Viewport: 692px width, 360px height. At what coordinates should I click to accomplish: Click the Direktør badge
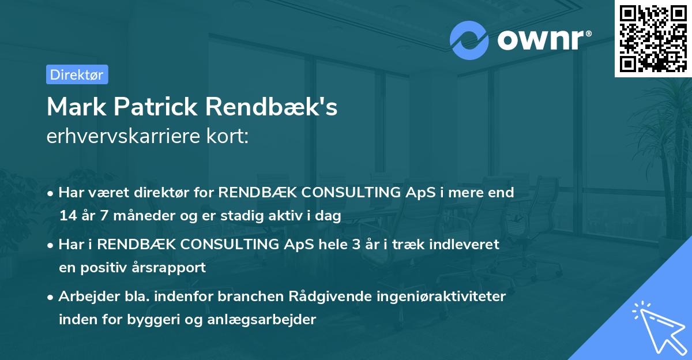(x=77, y=74)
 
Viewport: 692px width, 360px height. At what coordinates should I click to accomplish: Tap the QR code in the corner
(x=652, y=38)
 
